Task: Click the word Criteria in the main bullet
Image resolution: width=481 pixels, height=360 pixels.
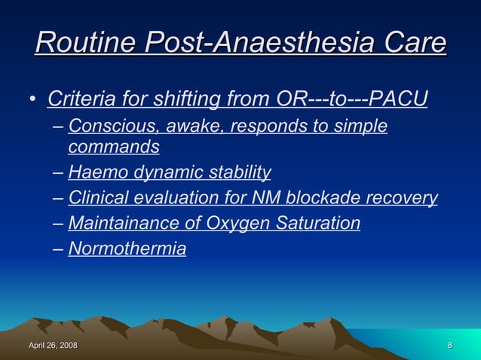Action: point(79,99)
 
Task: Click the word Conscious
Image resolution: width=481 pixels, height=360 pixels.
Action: point(106,126)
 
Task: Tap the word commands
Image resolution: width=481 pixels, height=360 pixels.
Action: point(114,146)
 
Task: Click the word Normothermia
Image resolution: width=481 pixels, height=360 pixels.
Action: point(127,249)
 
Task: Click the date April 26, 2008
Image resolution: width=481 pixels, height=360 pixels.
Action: point(53,346)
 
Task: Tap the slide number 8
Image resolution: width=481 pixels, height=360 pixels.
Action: point(449,346)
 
